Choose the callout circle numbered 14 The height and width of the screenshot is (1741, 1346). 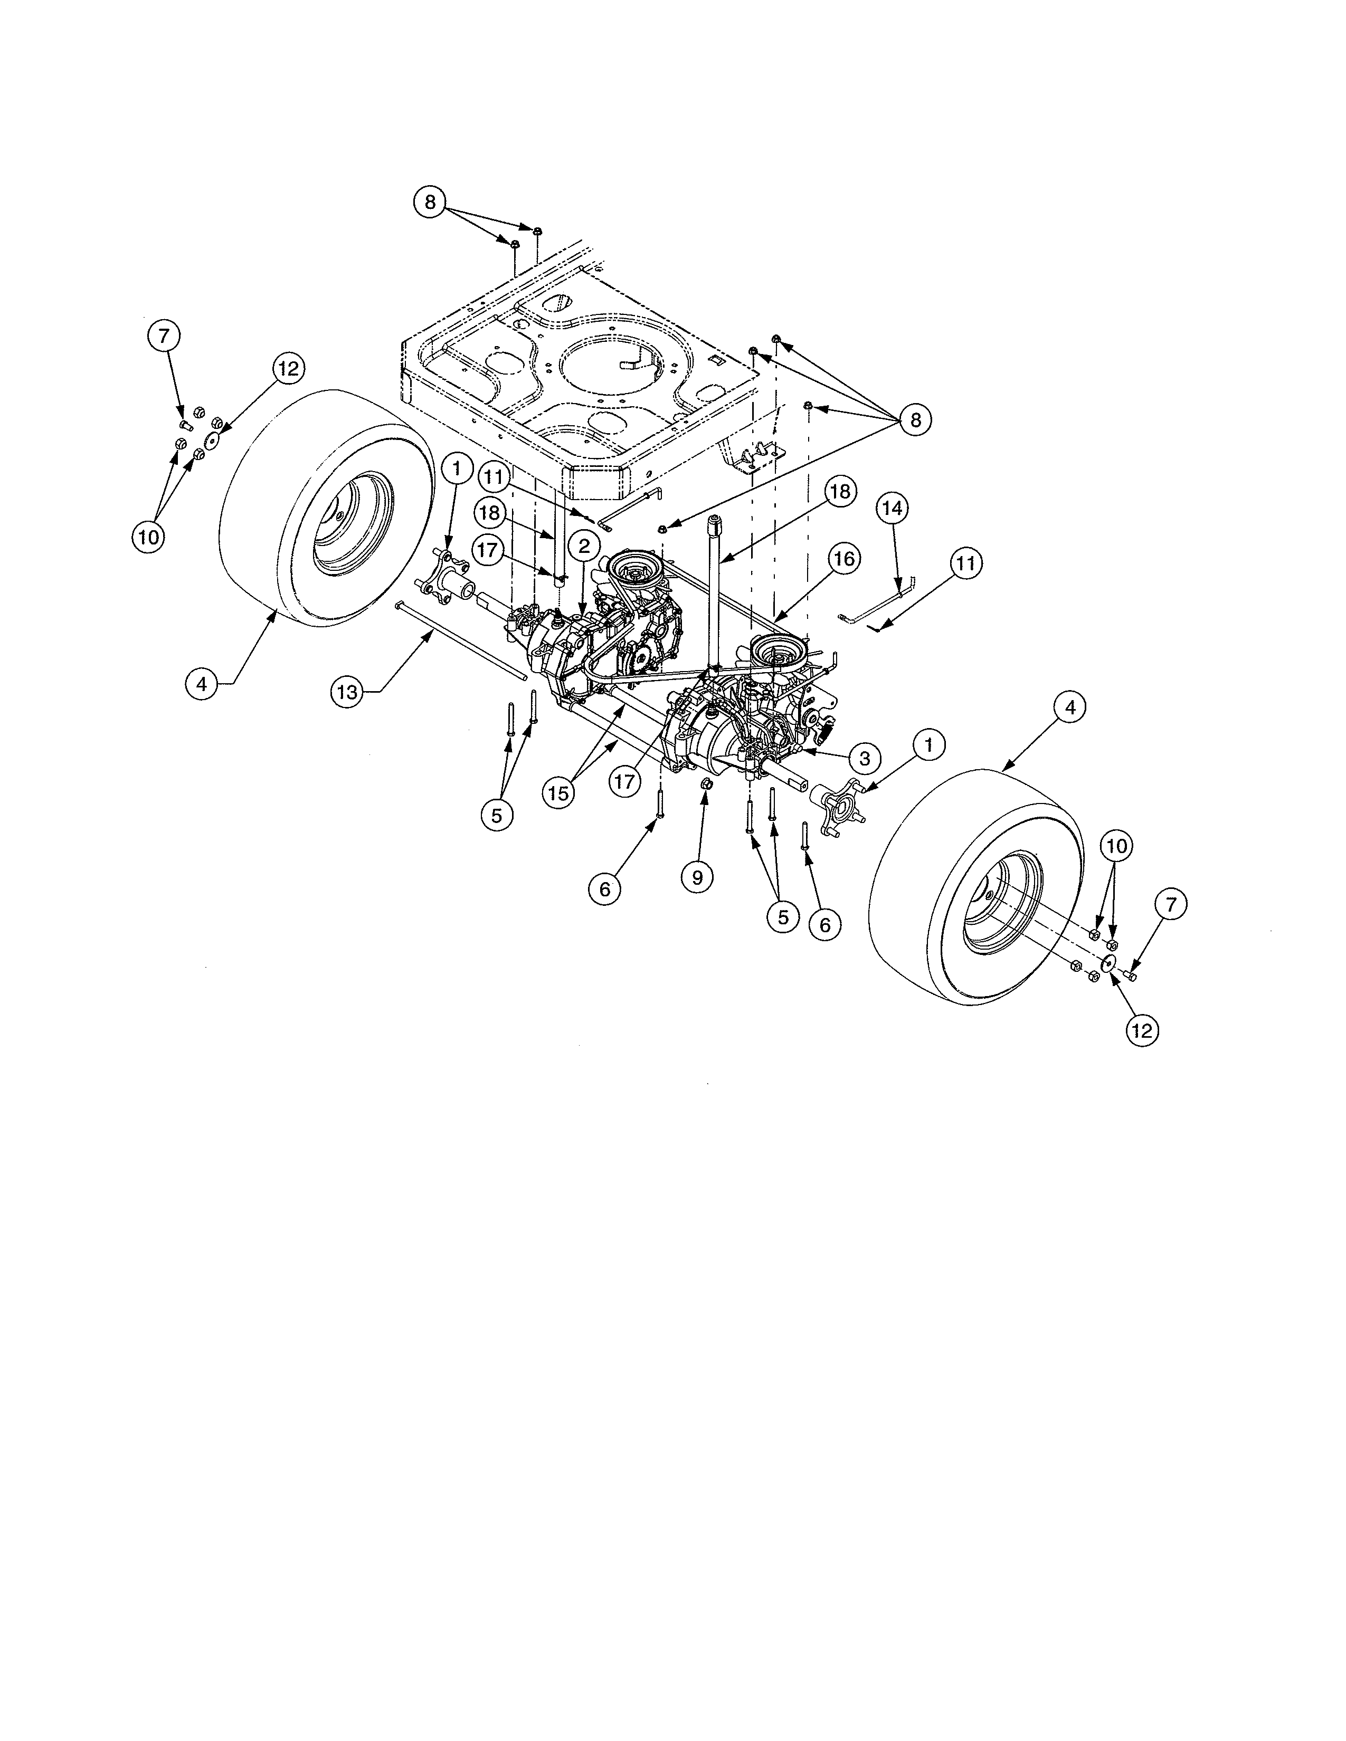(x=893, y=508)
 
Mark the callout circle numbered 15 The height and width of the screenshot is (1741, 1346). (x=559, y=792)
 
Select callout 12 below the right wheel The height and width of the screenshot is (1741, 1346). (x=1142, y=1031)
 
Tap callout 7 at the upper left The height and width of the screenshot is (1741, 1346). (x=164, y=337)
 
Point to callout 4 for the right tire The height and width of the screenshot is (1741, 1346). (x=1069, y=706)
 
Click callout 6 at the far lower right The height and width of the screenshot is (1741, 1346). (x=824, y=924)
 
